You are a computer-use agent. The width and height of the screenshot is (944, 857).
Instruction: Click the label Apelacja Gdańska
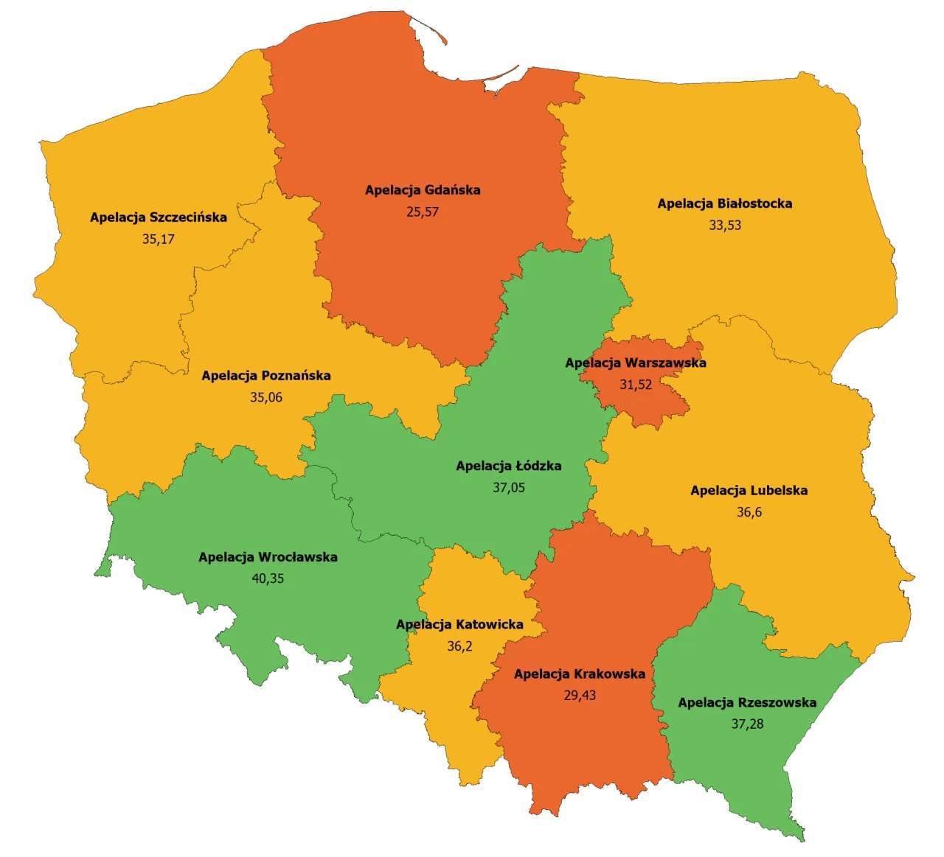click(423, 190)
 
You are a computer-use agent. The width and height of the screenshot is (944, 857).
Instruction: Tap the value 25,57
click(423, 212)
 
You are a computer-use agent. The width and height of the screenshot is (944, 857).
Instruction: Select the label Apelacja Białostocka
click(724, 203)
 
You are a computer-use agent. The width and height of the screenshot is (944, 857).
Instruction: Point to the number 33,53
click(725, 225)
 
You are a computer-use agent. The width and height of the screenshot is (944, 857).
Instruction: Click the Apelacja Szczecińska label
click(159, 217)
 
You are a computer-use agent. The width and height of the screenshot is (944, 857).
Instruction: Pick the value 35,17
click(159, 239)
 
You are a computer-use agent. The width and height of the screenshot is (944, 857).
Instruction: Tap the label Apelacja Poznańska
click(266, 376)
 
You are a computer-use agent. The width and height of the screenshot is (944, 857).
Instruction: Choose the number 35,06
click(266, 398)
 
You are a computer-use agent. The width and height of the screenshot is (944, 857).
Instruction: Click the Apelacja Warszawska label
click(635, 363)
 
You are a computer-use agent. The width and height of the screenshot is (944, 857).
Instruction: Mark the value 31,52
click(636, 385)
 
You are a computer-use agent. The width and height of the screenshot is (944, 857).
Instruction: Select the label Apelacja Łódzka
click(508, 466)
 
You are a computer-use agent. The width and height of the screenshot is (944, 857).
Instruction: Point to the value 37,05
click(509, 488)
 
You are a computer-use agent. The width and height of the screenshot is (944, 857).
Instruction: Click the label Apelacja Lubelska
click(749, 491)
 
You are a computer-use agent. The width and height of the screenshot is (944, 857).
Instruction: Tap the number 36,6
click(749, 512)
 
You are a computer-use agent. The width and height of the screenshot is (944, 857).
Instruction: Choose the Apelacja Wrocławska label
click(268, 557)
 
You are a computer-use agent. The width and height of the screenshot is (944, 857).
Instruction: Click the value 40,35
click(268, 579)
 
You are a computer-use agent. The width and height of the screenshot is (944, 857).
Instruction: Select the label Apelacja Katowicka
click(459, 625)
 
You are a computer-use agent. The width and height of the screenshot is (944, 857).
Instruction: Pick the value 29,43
click(580, 696)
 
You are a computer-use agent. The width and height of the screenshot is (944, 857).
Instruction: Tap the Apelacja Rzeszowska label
click(747, 703)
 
